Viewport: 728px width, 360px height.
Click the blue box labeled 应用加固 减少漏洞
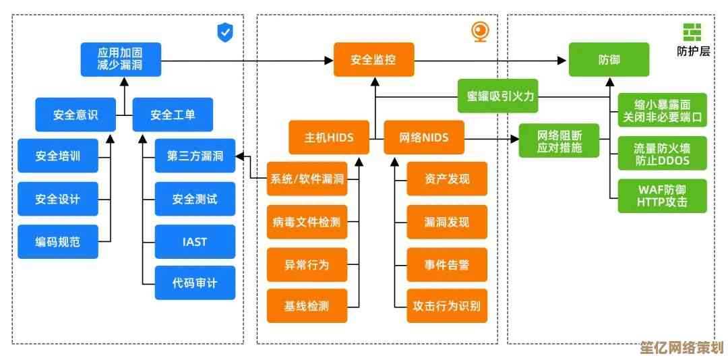pyautogui.click(x=121, y=59)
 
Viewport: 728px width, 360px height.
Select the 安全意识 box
pyautogui.click(x=75, y=115)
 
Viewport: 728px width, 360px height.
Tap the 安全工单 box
pyautogui.click(x=173, y=115)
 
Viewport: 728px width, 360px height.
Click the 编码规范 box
pyautogui.click(x=57, y=241)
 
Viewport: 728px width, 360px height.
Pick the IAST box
pyautogui.click(x=195, y=241)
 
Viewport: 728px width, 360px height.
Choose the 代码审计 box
pyautogui.click(x=195, y=283)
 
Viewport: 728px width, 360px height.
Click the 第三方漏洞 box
pyautogui.click(x=195, y=156)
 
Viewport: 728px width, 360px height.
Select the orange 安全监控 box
pyautogui.click(x=373, y=59)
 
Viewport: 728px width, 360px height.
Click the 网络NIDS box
pyautogui.click(x=424, y=138)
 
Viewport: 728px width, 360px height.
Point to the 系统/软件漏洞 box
pyautogui.click(x=307, y=179)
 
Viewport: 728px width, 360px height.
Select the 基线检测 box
pyautogui.click(x=307, y=305)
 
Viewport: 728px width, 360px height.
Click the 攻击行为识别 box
pyautogui.click(x=446, y=305)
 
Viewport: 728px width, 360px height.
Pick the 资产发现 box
pyautogui.click(x=446, y=179)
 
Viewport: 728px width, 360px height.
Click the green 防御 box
pyautogui.click(x=609, y=59)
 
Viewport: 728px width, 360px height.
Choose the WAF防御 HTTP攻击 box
pyautogui.click(x=662, y=196)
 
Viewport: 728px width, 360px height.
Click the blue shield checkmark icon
pyautogui.click(x=224, y=32)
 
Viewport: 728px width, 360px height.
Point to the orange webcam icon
pyautogui.click(x=479, y=32)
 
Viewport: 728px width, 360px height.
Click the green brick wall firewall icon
pyautogui.click(x=692, y=32)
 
